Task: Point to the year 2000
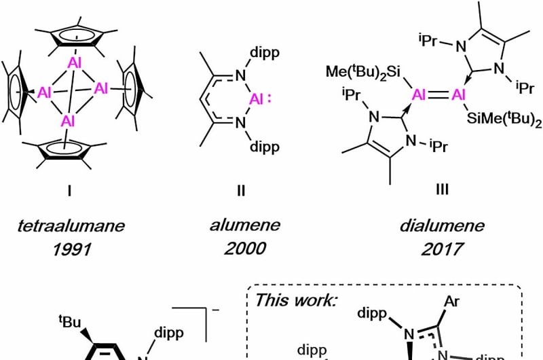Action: point(240,251)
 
